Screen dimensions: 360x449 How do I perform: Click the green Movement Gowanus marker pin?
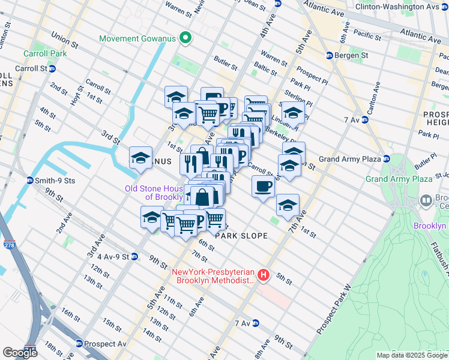click(185, 38)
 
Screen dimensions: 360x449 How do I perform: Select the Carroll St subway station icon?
click(52, 68)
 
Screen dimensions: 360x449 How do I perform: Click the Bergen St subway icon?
click(330, 56)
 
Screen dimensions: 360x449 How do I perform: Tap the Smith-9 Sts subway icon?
click(29, 180)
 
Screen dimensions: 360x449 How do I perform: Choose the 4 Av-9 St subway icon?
click(134, 256)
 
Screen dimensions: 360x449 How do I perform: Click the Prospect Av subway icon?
click(79, 344)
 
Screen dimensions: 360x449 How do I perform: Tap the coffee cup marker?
click(263, 187)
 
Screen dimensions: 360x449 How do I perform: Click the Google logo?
click(20, 352)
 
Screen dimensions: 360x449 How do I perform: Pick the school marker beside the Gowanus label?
click(141, 158)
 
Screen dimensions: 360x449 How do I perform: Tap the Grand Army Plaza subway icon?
click(387, 159)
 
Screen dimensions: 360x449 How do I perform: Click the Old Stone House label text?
click(153, 193)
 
